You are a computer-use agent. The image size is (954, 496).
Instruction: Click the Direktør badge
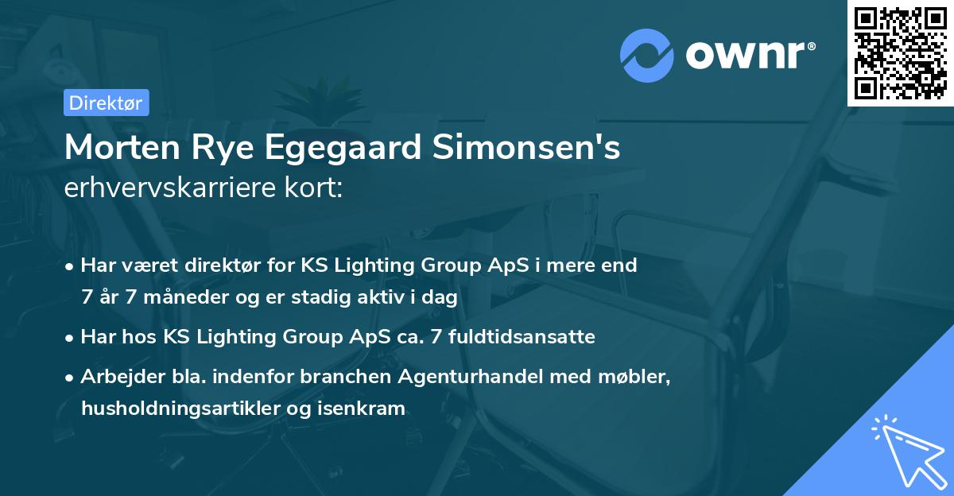pos(106,103)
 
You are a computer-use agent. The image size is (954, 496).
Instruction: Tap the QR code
pos(900,52)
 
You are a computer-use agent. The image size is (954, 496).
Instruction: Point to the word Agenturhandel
pos(471,377)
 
